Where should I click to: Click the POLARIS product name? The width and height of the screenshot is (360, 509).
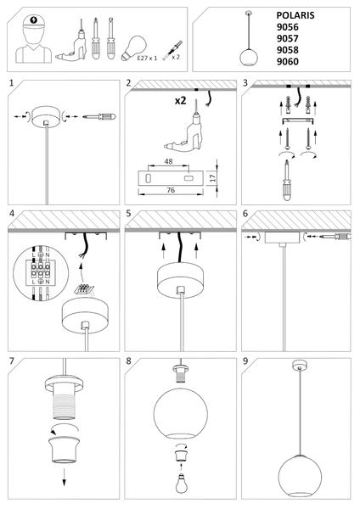295,15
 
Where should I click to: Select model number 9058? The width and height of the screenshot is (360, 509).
287,50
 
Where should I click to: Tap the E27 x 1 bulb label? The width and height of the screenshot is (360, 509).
147,58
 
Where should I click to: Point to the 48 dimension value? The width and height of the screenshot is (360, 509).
168,161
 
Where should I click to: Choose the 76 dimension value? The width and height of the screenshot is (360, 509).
171,190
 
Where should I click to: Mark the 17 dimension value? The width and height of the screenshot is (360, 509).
213,177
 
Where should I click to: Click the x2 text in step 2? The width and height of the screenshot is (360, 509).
181,101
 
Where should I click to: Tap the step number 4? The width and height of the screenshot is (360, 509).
12,214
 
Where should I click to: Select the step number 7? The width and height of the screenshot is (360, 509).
12,361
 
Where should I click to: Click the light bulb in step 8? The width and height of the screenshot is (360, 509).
181,483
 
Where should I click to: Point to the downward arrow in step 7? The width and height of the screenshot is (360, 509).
64,477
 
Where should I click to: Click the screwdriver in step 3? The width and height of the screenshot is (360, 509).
287,180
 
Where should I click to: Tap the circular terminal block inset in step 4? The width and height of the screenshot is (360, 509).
42,273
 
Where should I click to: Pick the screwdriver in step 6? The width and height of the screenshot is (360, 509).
335,237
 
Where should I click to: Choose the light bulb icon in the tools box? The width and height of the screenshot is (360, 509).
134,48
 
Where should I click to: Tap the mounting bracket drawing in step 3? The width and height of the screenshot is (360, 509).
298,120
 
